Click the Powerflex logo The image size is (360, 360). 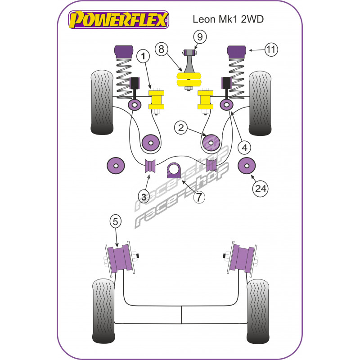click(119, 20)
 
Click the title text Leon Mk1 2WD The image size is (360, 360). click(228, 19)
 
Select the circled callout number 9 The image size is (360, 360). click(200, 37)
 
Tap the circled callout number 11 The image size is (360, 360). click(271, 49)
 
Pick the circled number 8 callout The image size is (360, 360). click(162, 49)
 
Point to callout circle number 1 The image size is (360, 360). click(143, 56)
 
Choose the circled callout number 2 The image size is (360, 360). click(181, 128)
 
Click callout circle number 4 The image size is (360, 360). click(244, 148)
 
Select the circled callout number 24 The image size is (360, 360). click(261, 189)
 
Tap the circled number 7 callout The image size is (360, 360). click(199, 197)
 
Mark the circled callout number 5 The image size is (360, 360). click(115, 221)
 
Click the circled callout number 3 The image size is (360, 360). click(144, 197)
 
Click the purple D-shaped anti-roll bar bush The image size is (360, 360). click(174, 171)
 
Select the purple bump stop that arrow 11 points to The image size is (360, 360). click(237, 52)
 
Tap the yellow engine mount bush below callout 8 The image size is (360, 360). click(189, 80)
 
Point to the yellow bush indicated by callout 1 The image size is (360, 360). click(156, 100)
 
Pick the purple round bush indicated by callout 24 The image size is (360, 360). click(247, 166)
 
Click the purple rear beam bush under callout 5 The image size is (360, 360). click(120, 258)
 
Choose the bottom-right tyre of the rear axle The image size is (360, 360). click(257, 311)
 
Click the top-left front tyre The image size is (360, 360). click(102, 103)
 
